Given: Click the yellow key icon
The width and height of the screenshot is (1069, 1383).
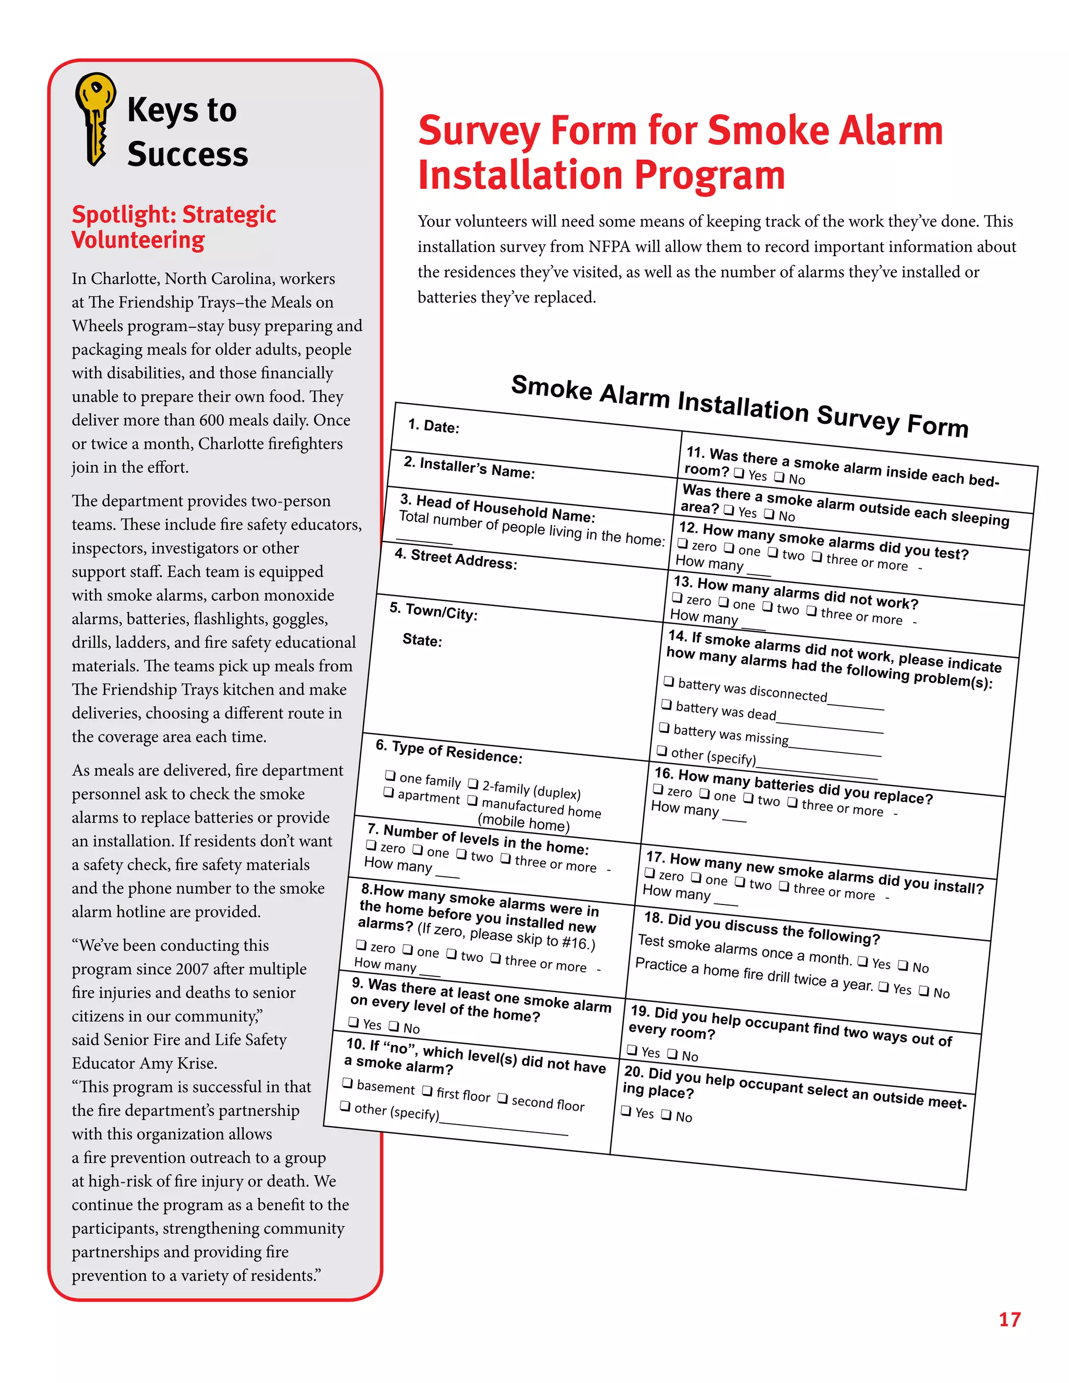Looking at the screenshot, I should [x=94, y=118].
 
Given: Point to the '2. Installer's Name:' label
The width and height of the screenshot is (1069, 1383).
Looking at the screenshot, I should [x=469, y=468].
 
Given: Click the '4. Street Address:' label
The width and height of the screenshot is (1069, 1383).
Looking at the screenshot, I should [x=455, y=559].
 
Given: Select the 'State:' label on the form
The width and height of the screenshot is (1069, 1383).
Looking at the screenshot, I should [x=422, y=640].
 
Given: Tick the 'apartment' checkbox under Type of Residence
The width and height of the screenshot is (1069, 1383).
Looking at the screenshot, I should [x=388, y=792].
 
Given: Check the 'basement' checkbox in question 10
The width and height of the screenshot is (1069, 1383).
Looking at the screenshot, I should [x=347, y=1083].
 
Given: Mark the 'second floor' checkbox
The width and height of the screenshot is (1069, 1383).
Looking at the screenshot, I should [x=502, y=1098].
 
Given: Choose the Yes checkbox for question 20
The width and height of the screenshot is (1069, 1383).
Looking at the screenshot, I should [x=626, y=1110].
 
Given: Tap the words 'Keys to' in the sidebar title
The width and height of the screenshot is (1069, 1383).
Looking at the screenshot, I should [x=182, y=110].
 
